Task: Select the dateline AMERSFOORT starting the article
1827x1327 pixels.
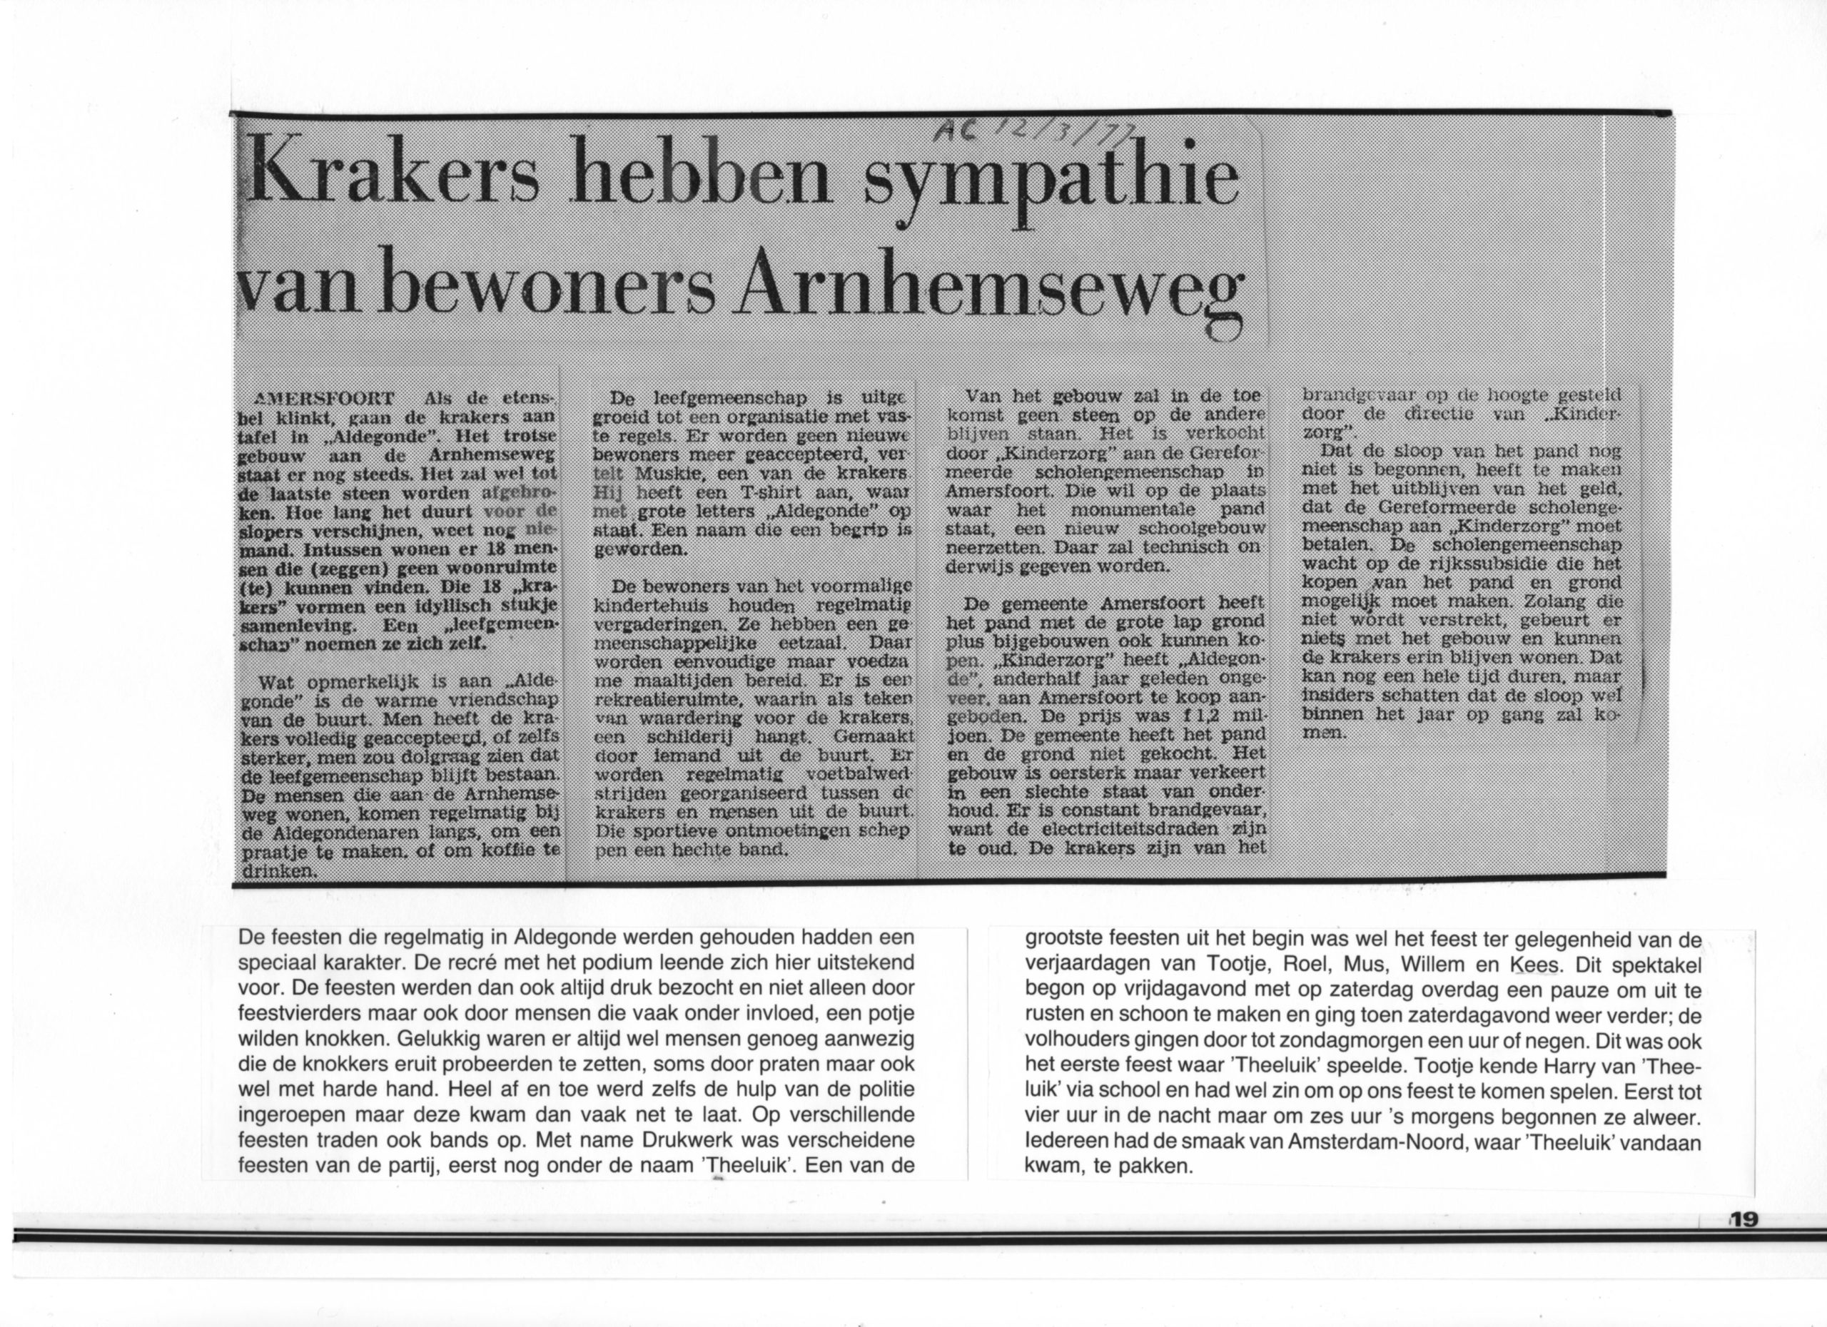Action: point(324,398)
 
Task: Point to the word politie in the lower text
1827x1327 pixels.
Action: point(876,1091)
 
